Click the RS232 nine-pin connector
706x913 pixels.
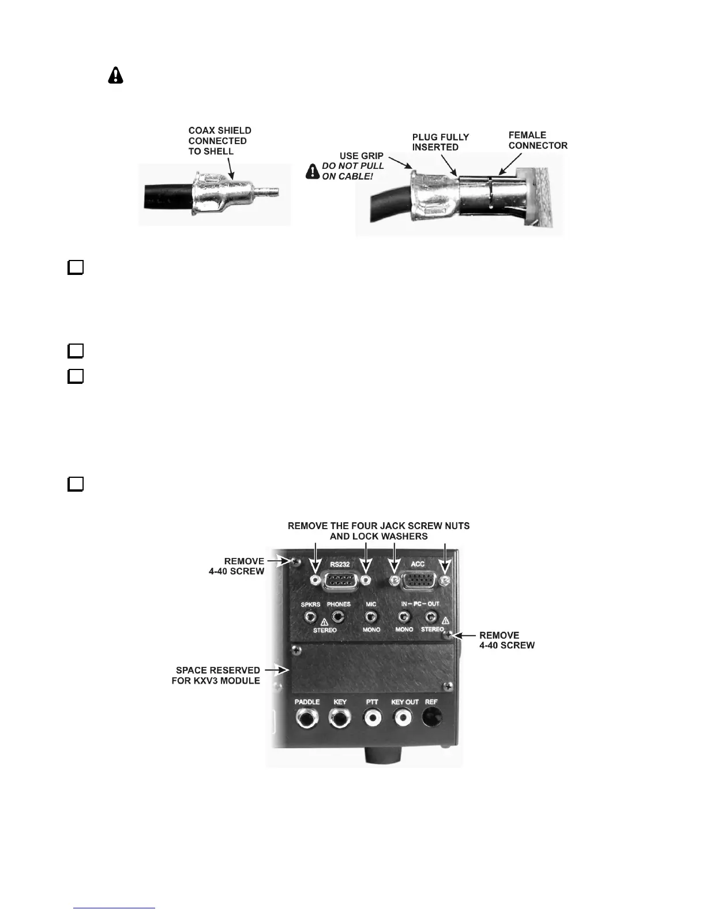[x=340, y=581]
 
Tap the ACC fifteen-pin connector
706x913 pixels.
[x=419, y=581]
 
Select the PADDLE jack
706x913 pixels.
[x=307, y=719]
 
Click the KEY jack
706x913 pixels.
[x=340, y=719]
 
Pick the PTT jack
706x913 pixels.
[x=372, y=719]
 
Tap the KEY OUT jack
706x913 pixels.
[x=404, y=719]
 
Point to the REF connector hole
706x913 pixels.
[x=433, y=718]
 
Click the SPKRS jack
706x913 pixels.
[x=311, y=618]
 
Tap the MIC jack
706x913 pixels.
[x=371, y=618]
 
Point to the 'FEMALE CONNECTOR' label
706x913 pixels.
[x=538, y=140]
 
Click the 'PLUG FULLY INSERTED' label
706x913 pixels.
[x=440, y=142]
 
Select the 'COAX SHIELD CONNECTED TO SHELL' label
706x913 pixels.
[x=220, y=141]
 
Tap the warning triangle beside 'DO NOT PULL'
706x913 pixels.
[x=313, y=171]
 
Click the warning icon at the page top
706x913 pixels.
[x=115, y=75]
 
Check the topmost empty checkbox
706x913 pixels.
[x=76, y=267]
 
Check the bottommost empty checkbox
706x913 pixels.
[x=76, y=484]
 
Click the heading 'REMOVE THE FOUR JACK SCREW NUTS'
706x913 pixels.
[x=378, y=526]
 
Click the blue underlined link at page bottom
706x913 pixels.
[x=114, y=908]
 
